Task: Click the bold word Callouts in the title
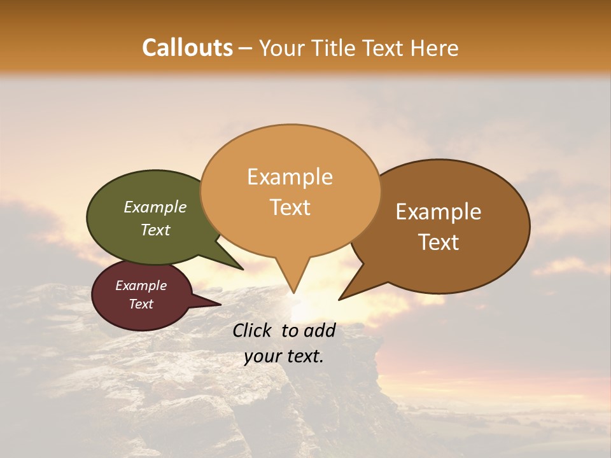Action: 187,48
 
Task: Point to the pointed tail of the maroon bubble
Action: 220,305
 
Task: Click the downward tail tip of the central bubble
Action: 293,292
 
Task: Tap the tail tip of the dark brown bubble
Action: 340,299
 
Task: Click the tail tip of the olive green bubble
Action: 242,269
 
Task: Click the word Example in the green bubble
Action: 155,207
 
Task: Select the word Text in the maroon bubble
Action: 141,304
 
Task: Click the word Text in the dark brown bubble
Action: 439,242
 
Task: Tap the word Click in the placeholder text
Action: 252,330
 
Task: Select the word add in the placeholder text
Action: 320,330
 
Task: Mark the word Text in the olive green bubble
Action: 155,230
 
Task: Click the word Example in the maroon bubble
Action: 141,286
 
